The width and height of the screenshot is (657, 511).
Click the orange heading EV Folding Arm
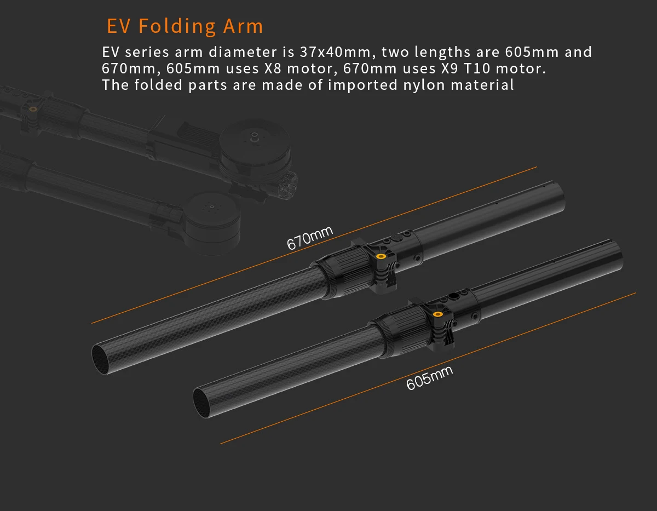pyautogui.click(x=185, y=26)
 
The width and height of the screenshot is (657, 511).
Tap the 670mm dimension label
pyautogui.click(x=309, y=238)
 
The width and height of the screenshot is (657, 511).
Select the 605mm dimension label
pyautogui.click(x=429, y=378)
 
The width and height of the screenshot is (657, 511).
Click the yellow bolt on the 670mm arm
pyautogui.click(x=381, y=256)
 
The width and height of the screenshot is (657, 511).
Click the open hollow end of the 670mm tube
pyautogui.click(x=101, y=360)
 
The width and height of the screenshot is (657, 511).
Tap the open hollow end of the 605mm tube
pyautogui.click(x=202, y=403)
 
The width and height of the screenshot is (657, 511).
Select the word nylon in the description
pyautogui.click(x=424, y=85)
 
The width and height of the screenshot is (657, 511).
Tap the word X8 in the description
pyautogui.click(x=273, y=68)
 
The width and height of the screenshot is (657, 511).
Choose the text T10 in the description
pyautogui.click(x=476, y=68)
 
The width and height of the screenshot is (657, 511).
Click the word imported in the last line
pyautogui.click(x=362, y=85)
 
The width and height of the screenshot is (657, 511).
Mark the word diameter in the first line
pyautogui.click(x=243, y=52)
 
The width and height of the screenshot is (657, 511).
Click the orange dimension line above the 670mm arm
pyautogui.click(x=314, y=245)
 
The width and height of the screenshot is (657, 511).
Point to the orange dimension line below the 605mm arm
pyautogui.click(x=428, y=368)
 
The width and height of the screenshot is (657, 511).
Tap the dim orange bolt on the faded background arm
pyautogui.click(x=33, y=109)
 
